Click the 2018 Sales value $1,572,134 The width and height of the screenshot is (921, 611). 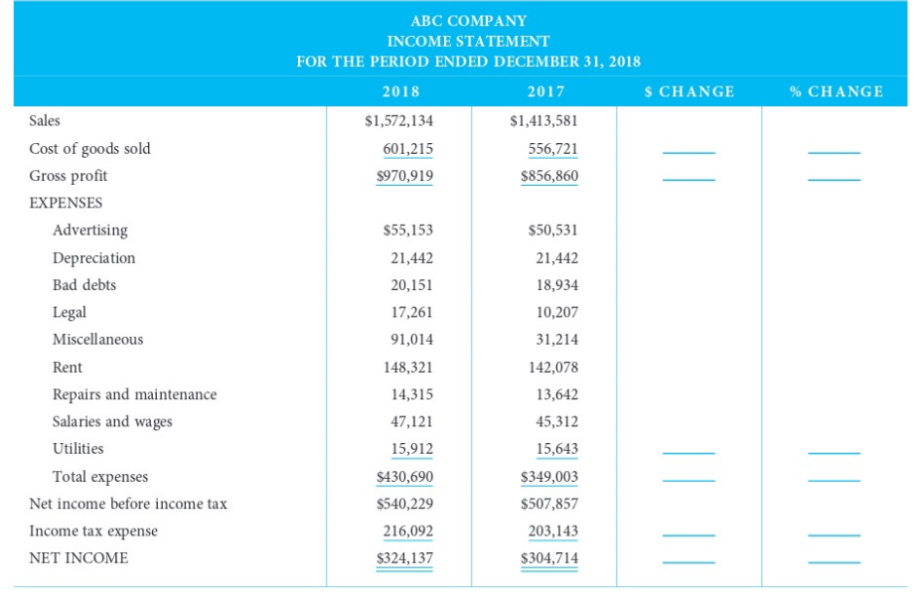coord(399,121)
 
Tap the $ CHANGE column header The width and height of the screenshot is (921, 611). coord(690,91)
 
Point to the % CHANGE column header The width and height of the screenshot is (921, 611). coord(836,91)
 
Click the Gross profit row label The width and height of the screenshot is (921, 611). coord(69,176)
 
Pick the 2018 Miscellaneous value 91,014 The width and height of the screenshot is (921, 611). coord(411,340)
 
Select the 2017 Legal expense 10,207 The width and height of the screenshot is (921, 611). coord(556,312)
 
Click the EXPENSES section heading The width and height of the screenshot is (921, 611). coord(66,203)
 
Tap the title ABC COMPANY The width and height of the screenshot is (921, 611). coord(468,21)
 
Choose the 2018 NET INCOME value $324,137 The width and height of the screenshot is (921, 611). coord(404,558)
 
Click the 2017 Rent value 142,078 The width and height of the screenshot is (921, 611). coord(553,368)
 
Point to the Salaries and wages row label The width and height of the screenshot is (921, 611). coord(112,422)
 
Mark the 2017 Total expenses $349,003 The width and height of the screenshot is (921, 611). coord(549,477)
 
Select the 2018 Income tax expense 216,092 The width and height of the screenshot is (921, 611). coord(407,532)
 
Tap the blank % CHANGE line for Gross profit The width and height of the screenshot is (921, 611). coord(834,181)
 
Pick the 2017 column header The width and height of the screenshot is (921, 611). coord(546,91)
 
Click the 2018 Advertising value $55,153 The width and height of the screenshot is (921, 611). coord(407,230)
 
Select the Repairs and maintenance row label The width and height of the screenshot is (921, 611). coord(134,394)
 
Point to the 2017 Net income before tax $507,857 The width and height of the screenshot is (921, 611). coord(549,504)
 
